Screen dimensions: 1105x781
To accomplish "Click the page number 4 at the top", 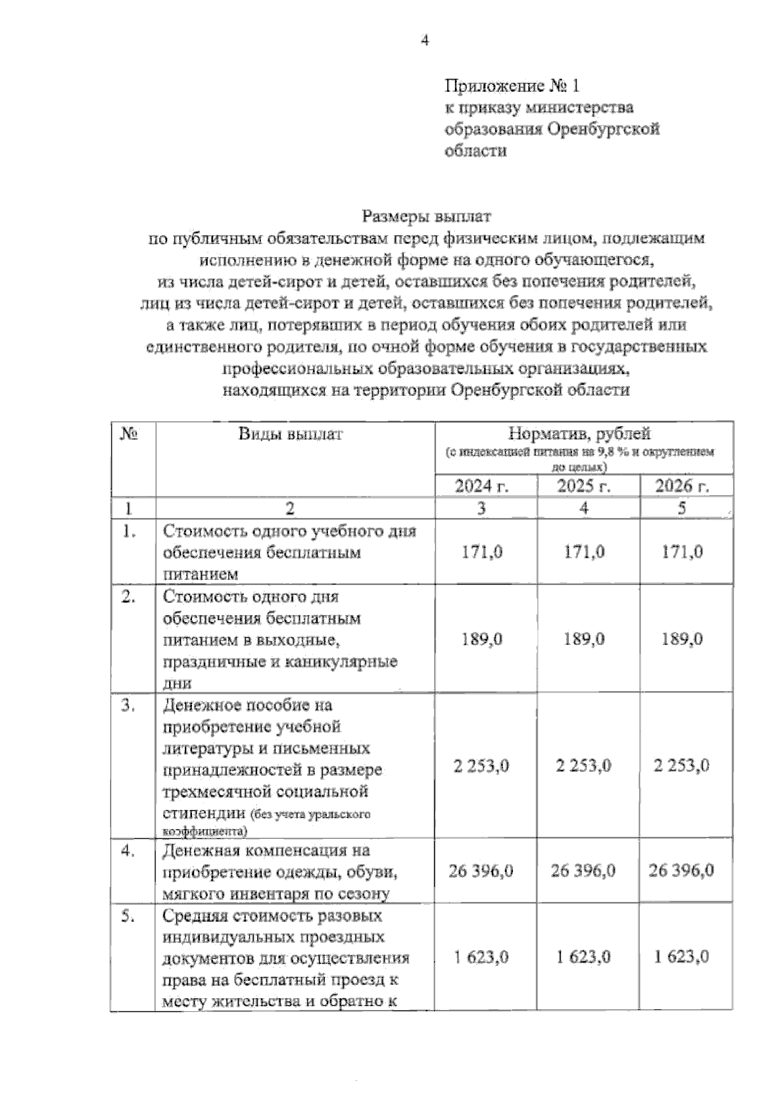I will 424,40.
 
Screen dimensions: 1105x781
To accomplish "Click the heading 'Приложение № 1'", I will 512,85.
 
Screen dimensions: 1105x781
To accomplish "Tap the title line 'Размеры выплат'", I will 428,215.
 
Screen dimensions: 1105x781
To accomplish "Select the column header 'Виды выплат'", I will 290,434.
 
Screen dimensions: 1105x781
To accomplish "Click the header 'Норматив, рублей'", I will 579,433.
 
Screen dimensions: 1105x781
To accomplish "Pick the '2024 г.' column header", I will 482,486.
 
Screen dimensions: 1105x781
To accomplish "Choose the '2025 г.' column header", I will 584,486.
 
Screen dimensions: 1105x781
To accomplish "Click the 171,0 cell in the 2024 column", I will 482,552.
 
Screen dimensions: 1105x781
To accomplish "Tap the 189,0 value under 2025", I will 584,640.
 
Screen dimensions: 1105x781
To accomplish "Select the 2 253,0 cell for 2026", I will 681,766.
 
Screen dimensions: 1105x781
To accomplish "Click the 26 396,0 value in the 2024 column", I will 481,871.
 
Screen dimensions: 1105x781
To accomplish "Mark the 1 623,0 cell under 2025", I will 584,957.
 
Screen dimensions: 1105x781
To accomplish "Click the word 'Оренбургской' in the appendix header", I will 603,129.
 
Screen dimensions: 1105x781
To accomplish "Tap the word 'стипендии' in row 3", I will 202,813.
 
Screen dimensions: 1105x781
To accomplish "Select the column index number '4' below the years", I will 584,508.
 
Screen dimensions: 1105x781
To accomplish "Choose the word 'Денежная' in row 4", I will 202,850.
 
